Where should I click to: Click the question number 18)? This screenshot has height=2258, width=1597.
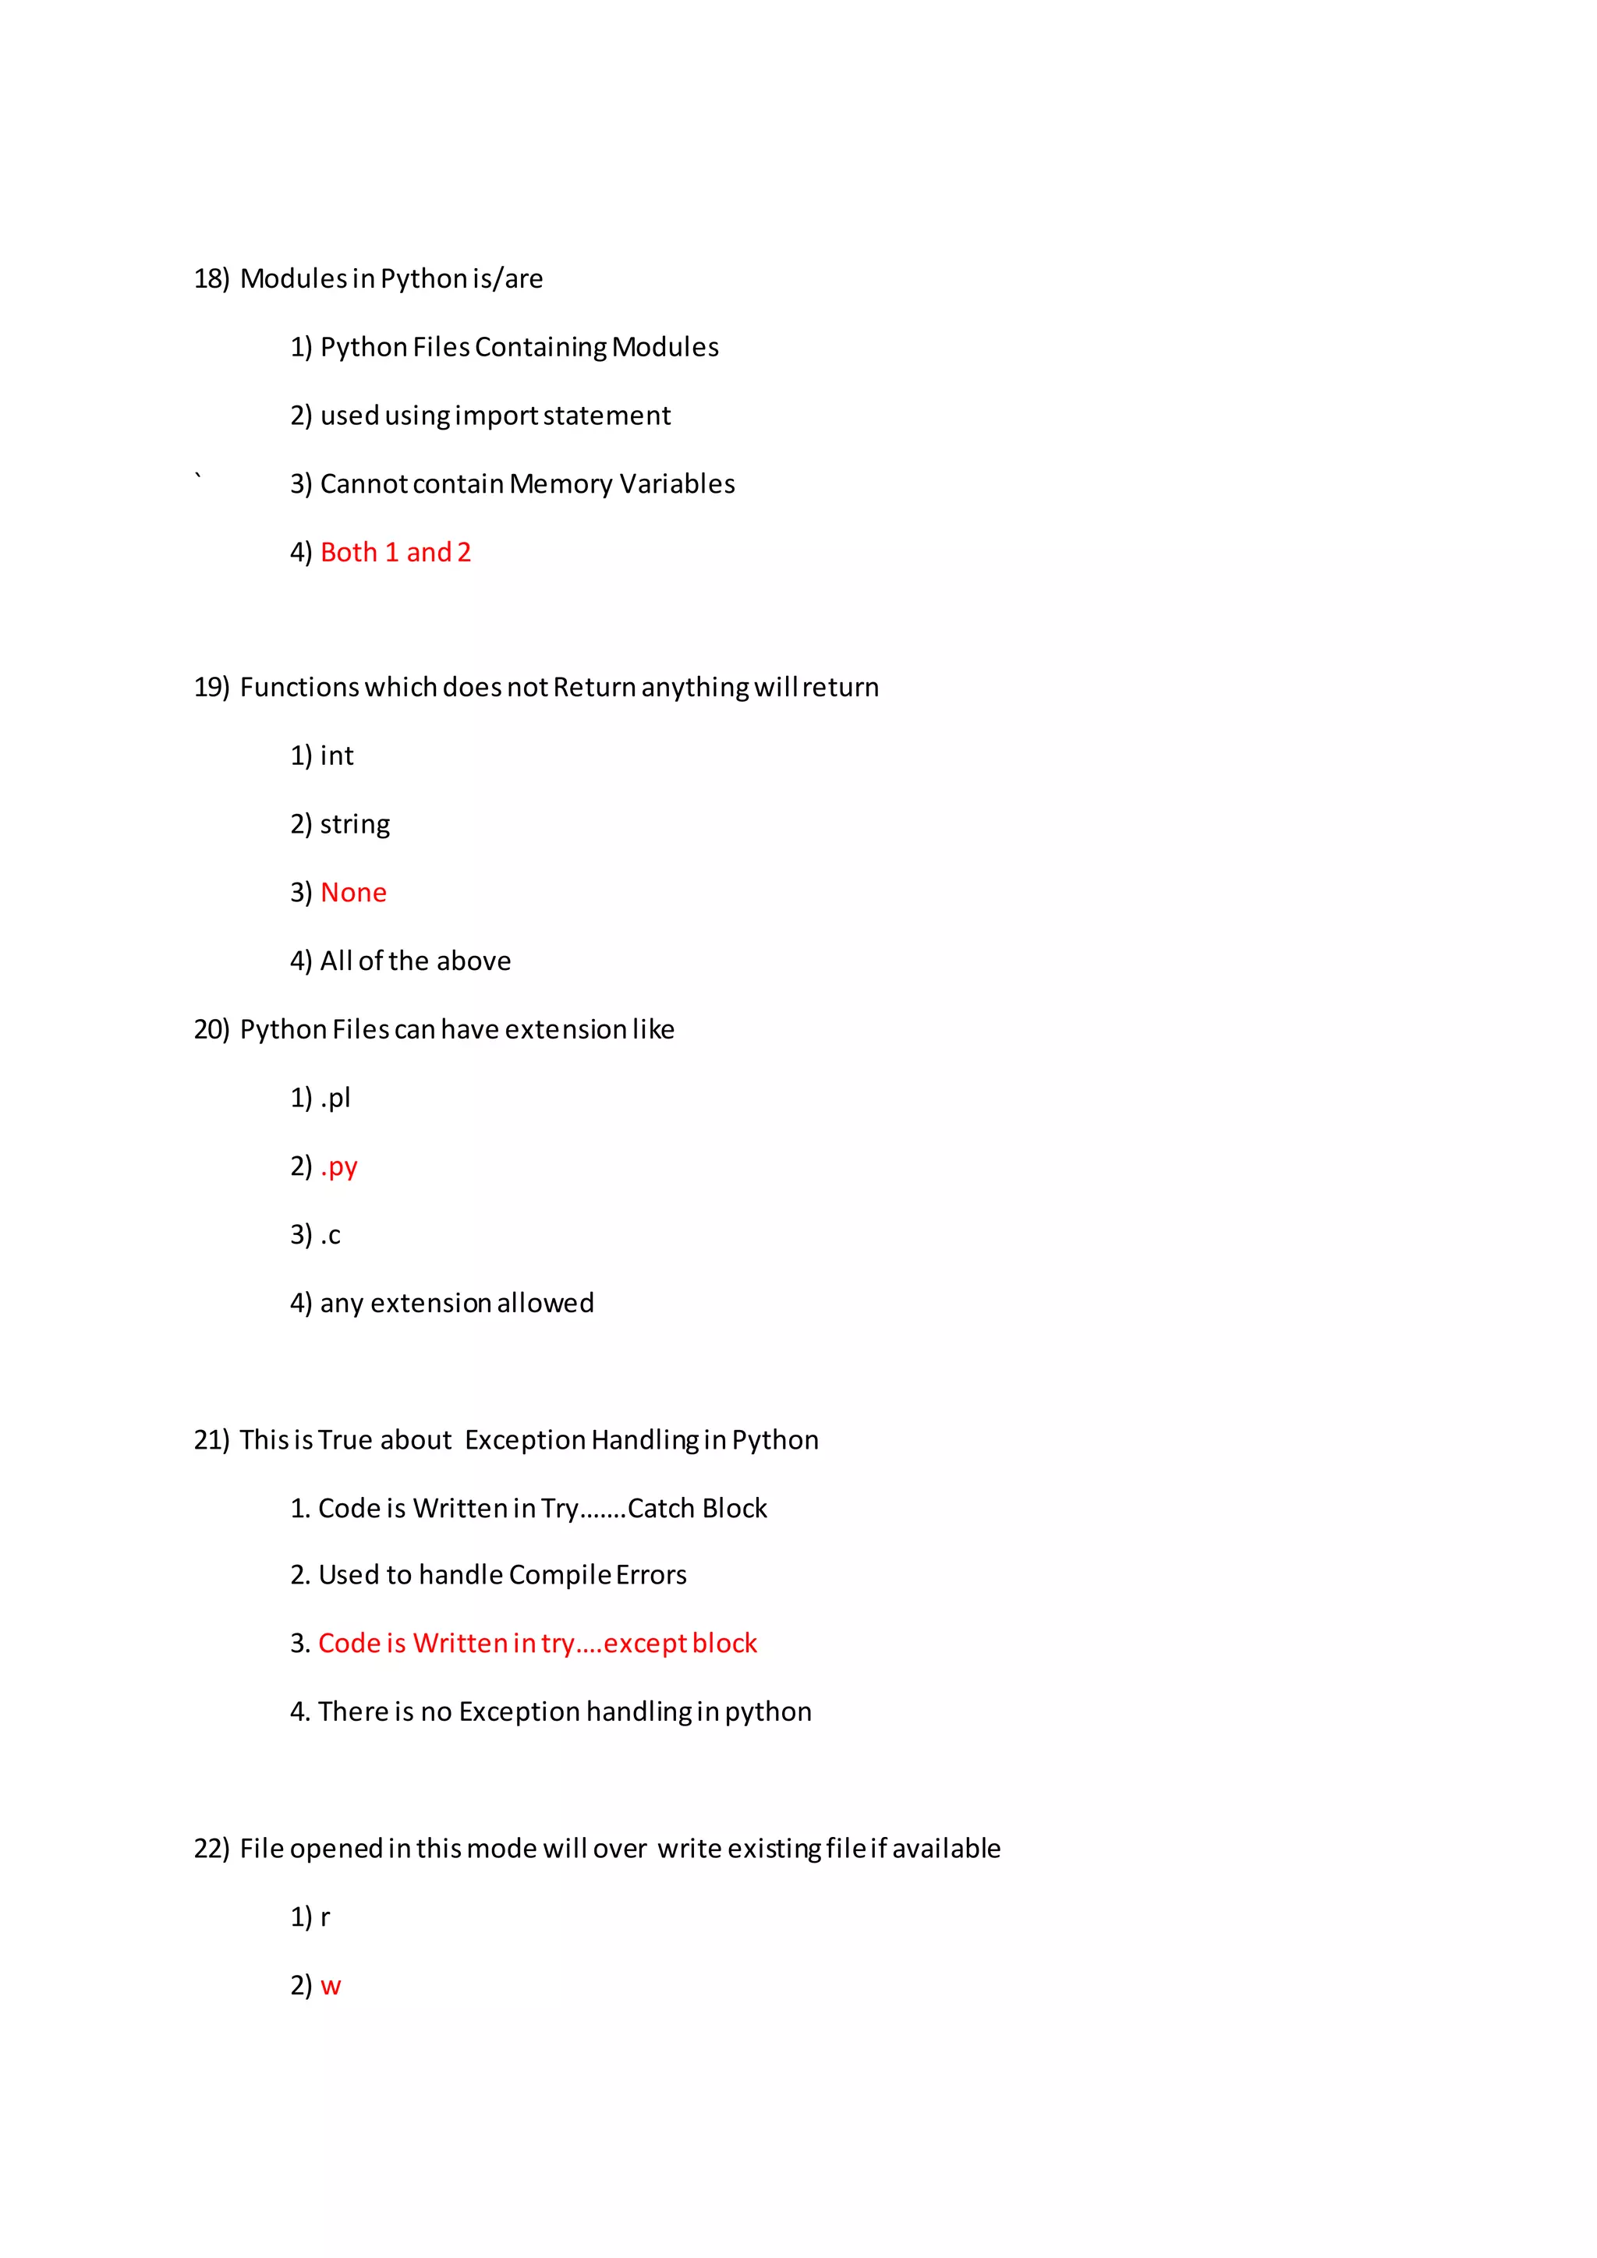click(x=211, y=279)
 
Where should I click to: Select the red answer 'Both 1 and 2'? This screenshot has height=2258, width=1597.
click(x=395, y=553)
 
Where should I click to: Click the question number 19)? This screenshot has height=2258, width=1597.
click(x=211, y=688)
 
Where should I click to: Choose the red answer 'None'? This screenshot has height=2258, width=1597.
click(x=353, y=893)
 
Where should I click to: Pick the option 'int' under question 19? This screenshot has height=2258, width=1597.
click(x=336, y=756)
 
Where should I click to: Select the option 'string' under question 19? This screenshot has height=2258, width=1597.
click(x=354, y=824)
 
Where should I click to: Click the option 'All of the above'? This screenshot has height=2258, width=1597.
click(x=415, y=961)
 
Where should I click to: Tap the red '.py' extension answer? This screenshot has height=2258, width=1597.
click(x=339, y=1167)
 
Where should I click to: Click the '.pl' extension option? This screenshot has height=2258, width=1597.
click(x=335, y=1099)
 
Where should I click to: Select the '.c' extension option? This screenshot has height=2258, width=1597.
click(x=331, y=1235)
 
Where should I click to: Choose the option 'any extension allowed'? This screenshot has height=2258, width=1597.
click(x=456, y=1303)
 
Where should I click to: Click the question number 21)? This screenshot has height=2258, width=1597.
click(x=211, y=1441)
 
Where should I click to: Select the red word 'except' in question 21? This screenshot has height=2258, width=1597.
click(x=645, y=1644)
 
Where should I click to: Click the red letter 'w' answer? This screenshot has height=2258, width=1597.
click(x=331, y=1987)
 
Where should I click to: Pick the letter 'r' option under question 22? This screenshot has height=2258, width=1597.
click(x=325, y=1918)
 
